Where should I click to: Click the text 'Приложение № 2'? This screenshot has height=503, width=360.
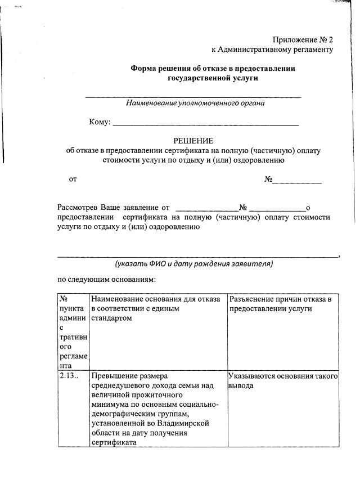(x=303, y=39)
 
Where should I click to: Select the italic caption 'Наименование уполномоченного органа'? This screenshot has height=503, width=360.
(x=195, y=104)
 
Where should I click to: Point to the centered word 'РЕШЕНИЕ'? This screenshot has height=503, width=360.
(x=193, y=141)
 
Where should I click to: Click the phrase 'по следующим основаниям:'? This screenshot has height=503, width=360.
(x=106, y=279)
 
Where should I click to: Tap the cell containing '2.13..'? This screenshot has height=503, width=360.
(x=68, y=376)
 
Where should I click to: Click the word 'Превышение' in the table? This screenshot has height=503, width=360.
(x=113, y=376)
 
